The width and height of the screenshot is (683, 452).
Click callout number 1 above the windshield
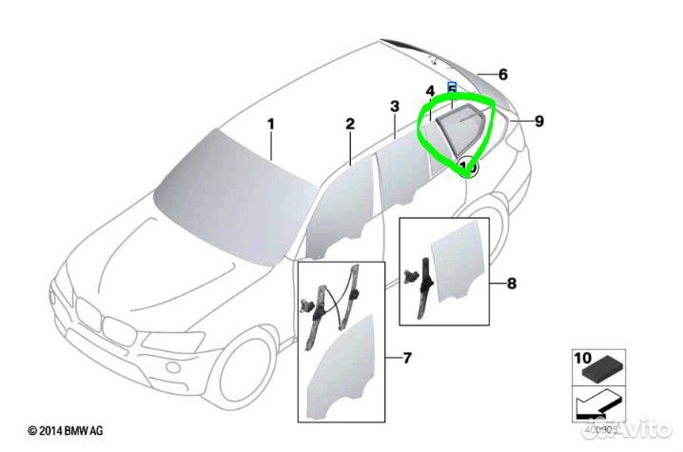[270, 125]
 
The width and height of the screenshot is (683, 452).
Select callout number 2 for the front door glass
[350, 125]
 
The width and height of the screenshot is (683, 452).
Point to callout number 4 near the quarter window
[429, 90]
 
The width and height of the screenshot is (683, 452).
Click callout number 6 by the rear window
[503, 74]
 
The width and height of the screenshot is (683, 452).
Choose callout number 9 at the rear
[537, 121]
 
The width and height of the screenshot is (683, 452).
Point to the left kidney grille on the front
[88, 315]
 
